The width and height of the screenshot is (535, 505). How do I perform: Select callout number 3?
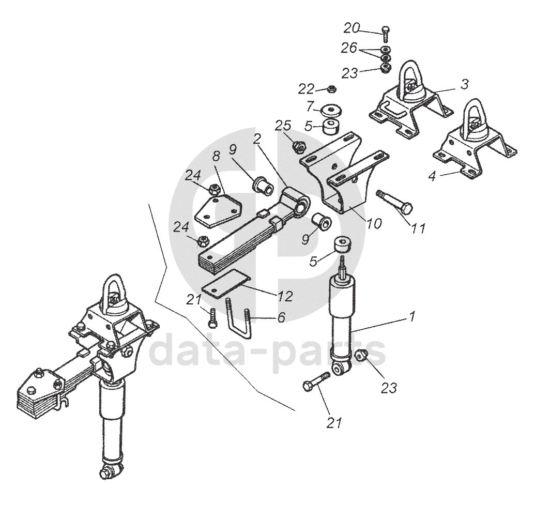click(465, 83)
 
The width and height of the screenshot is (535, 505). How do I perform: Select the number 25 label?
click(283, 126)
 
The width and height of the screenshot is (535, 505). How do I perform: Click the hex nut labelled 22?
click(332, 89)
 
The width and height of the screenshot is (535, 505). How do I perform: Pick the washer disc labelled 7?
click(332, 111)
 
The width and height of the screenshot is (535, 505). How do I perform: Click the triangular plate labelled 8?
click(217, 211)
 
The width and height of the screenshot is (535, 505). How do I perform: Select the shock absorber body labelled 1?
click(342, 320)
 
